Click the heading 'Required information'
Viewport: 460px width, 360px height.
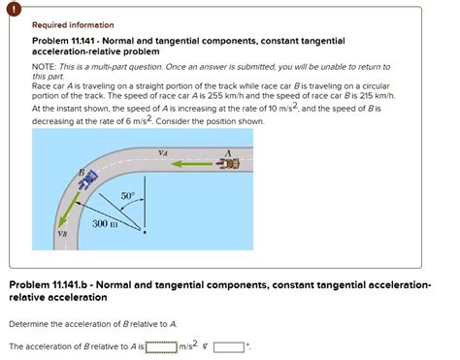66,26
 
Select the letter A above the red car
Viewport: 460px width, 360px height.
228,152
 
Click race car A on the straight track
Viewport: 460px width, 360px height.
227,164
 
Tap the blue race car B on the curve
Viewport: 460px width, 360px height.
87,180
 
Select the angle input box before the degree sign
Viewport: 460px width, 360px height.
228,344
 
